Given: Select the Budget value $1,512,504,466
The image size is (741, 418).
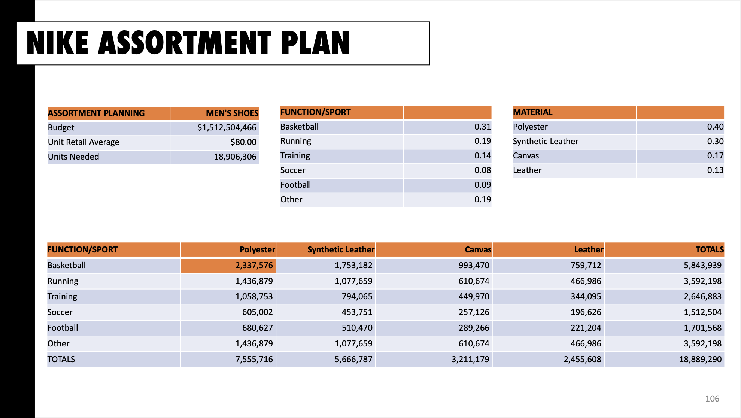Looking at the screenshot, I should coord(227,128).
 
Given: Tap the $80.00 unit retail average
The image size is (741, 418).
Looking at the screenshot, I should coord(243,142).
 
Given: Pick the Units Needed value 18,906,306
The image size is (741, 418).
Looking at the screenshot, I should coord(235,157).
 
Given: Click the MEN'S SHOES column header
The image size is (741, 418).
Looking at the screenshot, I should coord(232,113).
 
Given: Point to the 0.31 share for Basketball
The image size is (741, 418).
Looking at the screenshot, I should coord(482,127).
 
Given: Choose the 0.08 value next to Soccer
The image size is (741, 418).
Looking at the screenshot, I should coord(482,170).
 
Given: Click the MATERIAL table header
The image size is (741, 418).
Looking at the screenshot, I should coord(532,112).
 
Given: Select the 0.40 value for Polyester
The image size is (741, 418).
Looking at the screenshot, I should coord(715,127).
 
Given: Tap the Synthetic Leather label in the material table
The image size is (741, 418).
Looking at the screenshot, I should coord(545,142).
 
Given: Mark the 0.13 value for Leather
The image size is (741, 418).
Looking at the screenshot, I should coord(715,170).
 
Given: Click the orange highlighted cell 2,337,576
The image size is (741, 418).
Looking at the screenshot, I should coord(254,266).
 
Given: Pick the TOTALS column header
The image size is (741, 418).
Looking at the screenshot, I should coord(709,250).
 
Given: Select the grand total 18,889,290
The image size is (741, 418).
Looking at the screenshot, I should coord(700,360).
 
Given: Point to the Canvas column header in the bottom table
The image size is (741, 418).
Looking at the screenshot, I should coord(477,250).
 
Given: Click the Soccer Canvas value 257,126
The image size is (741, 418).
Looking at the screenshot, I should coord(474,312).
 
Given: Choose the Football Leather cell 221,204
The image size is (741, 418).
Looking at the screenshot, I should coord(586,328).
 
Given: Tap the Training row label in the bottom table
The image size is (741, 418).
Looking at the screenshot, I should coord(62,297).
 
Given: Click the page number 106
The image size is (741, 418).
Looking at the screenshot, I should coord(712,399).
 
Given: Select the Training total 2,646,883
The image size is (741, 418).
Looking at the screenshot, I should coord(702,297).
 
